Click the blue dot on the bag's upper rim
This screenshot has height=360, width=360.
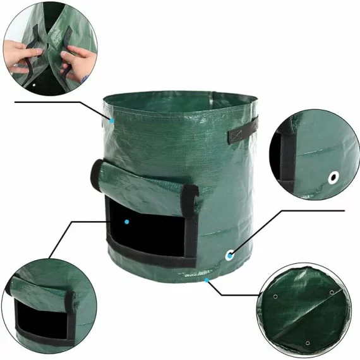112,120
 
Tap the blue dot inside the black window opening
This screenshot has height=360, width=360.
127,222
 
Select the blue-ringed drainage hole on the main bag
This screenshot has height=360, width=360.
229,255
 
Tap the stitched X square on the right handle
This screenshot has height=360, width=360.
237,133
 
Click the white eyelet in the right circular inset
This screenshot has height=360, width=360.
333,177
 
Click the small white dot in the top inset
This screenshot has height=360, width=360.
33,83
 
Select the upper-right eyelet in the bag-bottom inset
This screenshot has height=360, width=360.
330,292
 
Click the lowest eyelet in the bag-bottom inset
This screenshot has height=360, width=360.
307,343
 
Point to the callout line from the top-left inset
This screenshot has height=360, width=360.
57,101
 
